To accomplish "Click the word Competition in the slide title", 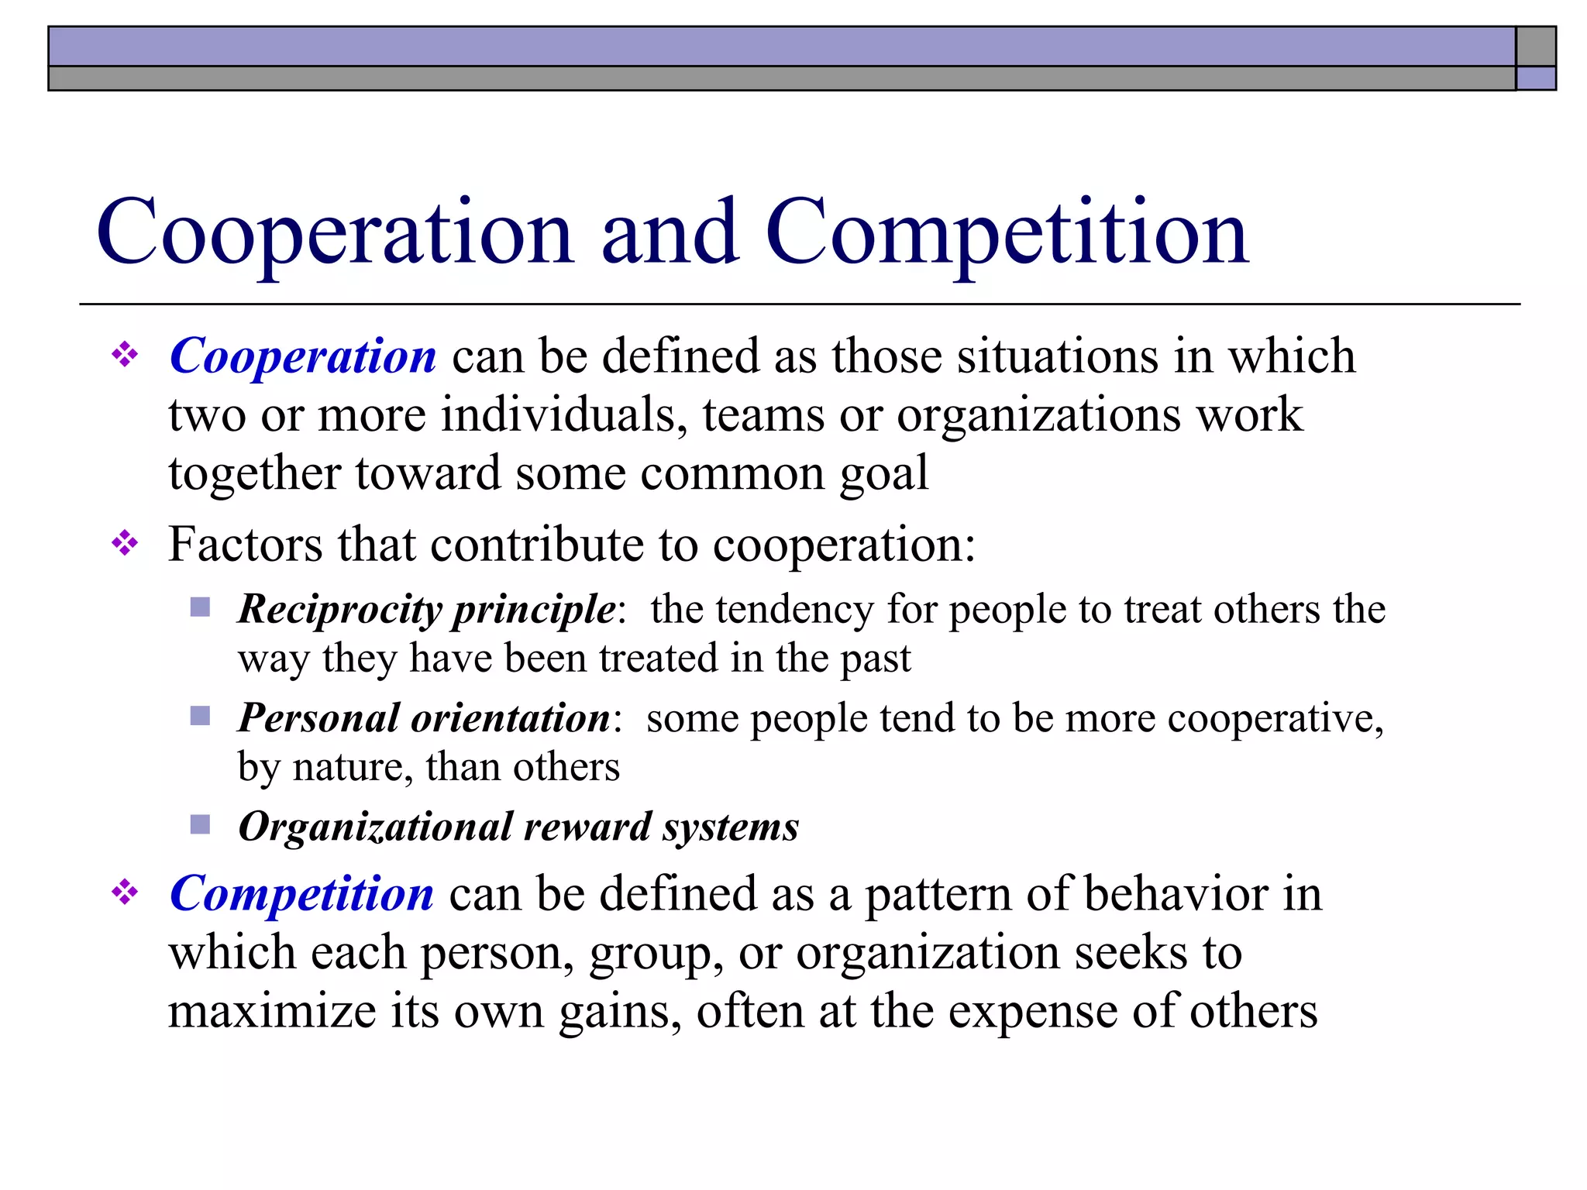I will click(x=1007, y=232).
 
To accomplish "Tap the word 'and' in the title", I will click(x=670, y=232).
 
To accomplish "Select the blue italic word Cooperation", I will click(x=303, y=356).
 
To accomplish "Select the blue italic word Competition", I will click(x=301, y=893).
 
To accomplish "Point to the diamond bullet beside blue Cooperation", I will click(x=125, y=356).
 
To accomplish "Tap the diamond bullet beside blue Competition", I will click(x=125, y=893).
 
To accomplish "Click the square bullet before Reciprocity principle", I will click(x=200, y=607).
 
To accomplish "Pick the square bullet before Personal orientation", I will click(x=200, y=715).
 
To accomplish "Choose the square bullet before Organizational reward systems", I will click(x=200, y=824).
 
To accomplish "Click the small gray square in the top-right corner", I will click(x=1536, y=46).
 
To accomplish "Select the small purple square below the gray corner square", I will click(x=1536, y=78).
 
